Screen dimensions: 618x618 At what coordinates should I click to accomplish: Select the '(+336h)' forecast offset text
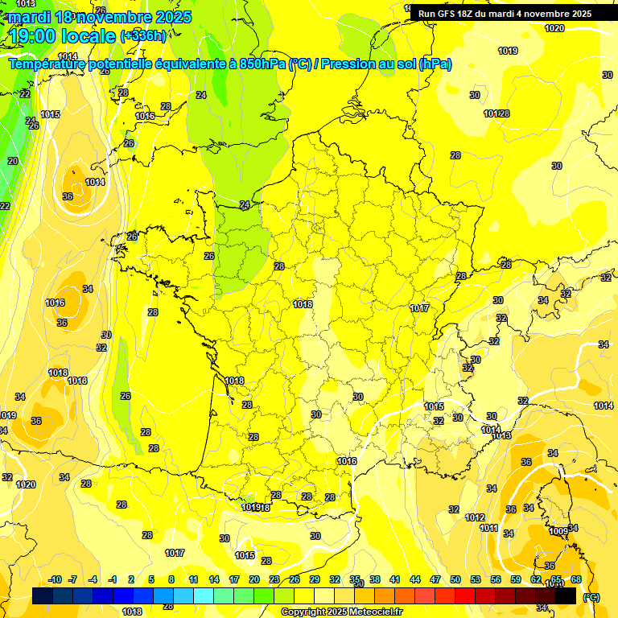(143, 35)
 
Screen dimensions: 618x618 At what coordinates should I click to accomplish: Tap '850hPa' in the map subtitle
(263, 64)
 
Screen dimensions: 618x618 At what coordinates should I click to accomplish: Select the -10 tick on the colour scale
(55, 579)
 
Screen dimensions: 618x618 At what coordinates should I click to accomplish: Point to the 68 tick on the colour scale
(576, 579)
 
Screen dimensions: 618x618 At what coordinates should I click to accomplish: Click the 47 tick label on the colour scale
(435, 579)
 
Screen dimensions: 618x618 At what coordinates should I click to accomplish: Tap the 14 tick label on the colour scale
(214, 579)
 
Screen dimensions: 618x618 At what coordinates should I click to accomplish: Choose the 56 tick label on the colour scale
(496, 579)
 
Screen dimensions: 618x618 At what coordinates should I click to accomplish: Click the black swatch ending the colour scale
(566, 595)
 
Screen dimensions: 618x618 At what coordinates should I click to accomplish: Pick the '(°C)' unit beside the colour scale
(591, 596)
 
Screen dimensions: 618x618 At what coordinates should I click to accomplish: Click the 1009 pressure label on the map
(558, 531)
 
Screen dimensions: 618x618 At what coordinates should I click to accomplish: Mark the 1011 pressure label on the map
(488, 528)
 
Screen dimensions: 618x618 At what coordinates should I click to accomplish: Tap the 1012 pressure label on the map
(475, 517)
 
